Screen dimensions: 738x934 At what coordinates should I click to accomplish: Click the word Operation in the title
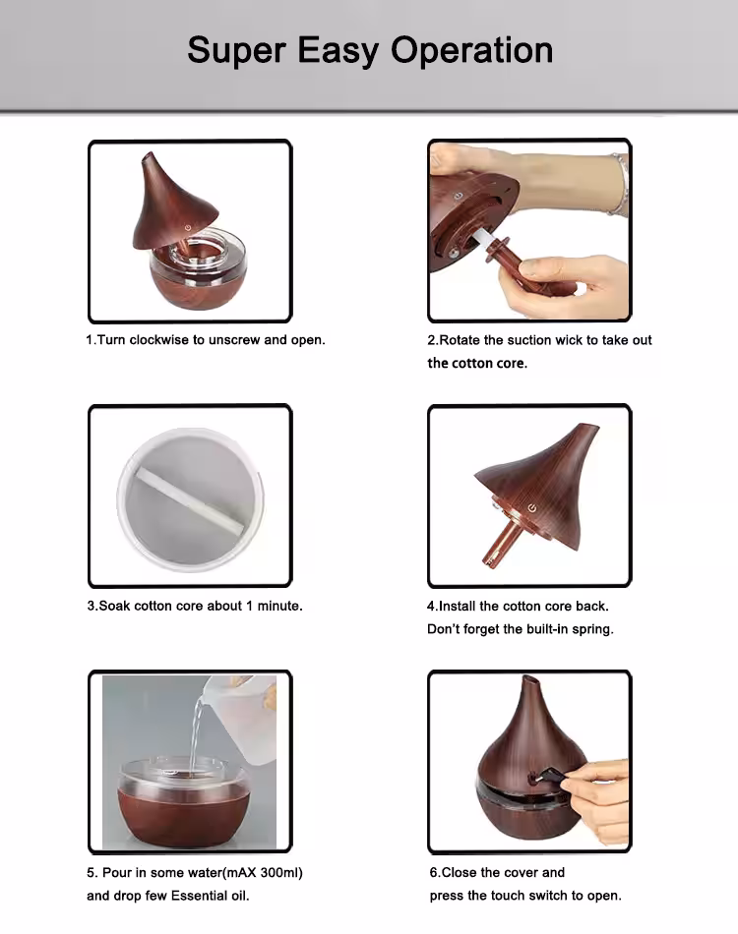pos(472,50)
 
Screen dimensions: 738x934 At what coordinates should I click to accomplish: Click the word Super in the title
pos(237,51)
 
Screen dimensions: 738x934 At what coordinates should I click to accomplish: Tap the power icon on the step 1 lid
pos(188,227)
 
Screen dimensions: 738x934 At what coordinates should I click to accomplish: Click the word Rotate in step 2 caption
pos(460,340)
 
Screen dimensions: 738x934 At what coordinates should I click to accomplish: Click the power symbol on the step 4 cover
pos(532,508)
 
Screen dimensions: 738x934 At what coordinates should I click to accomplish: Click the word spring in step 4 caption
pos(592,629)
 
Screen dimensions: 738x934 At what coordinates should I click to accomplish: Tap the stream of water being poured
pos(196,737)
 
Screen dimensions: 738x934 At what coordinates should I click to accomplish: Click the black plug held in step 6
pos(541,775)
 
